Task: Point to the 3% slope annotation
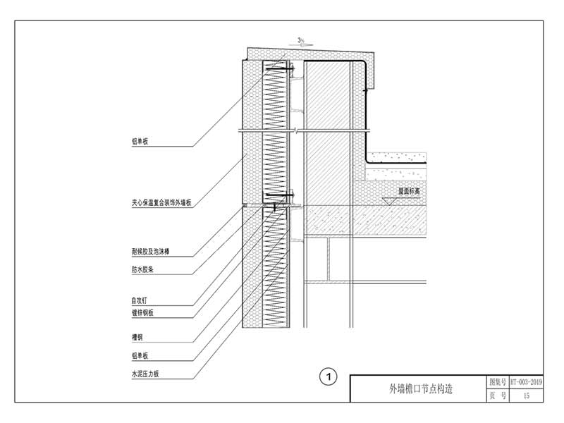click(x=301, y=40)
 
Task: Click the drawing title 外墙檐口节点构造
click(x=420, y=388)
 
